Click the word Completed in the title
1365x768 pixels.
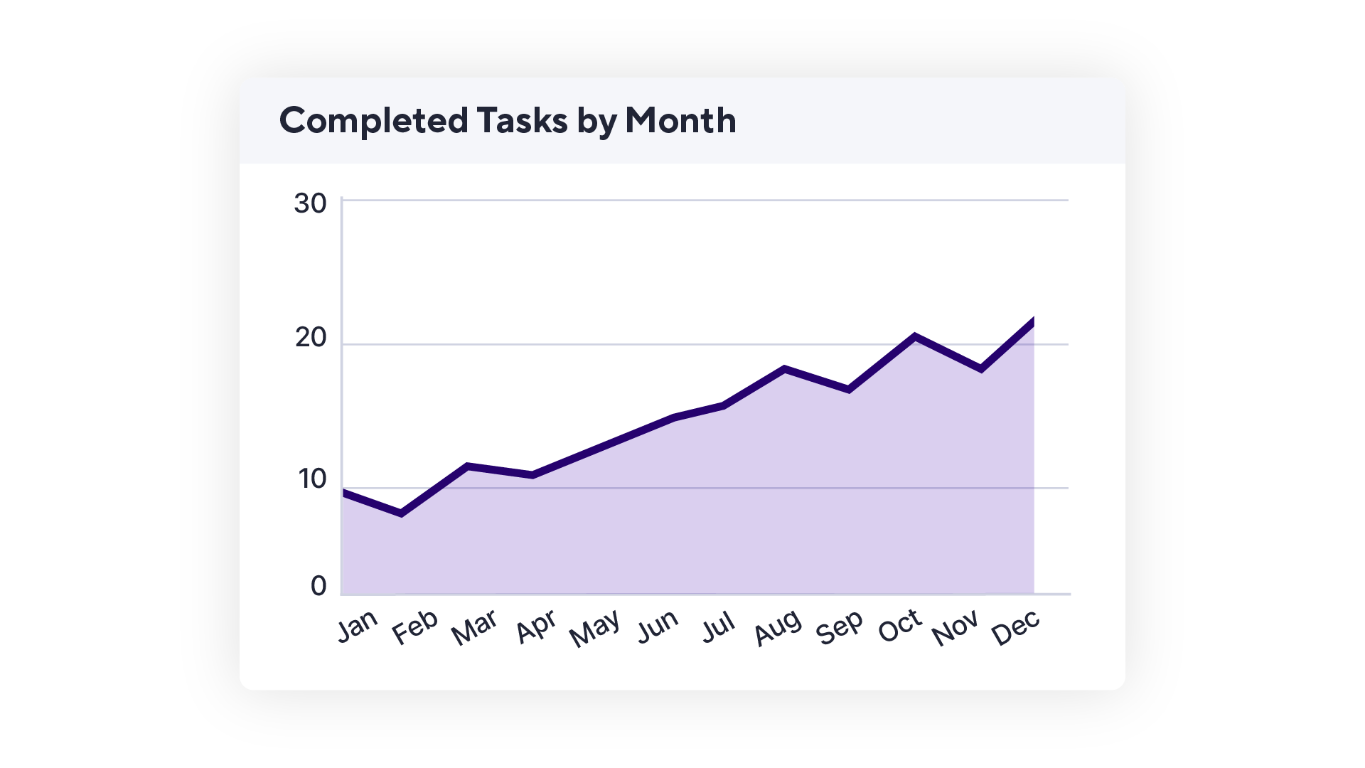[373, 120]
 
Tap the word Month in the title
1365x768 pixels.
[680, 120]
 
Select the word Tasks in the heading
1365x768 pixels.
[522, 120]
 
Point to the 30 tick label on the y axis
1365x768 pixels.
[310, 204]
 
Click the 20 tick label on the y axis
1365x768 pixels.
[311, 338]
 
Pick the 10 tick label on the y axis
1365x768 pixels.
[312, 479]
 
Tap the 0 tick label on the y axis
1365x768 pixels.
[318, 586]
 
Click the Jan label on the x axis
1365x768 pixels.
[357, 626]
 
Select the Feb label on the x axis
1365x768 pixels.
[415, 627]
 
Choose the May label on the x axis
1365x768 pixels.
[595, 629]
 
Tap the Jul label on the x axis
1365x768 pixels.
[718, 627]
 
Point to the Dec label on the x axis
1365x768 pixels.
[1016, 628]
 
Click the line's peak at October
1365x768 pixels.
[914, 336]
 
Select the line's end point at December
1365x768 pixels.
[1032, 320]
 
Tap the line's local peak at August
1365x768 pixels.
[784, 368]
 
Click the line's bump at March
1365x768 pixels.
[467, 466]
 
